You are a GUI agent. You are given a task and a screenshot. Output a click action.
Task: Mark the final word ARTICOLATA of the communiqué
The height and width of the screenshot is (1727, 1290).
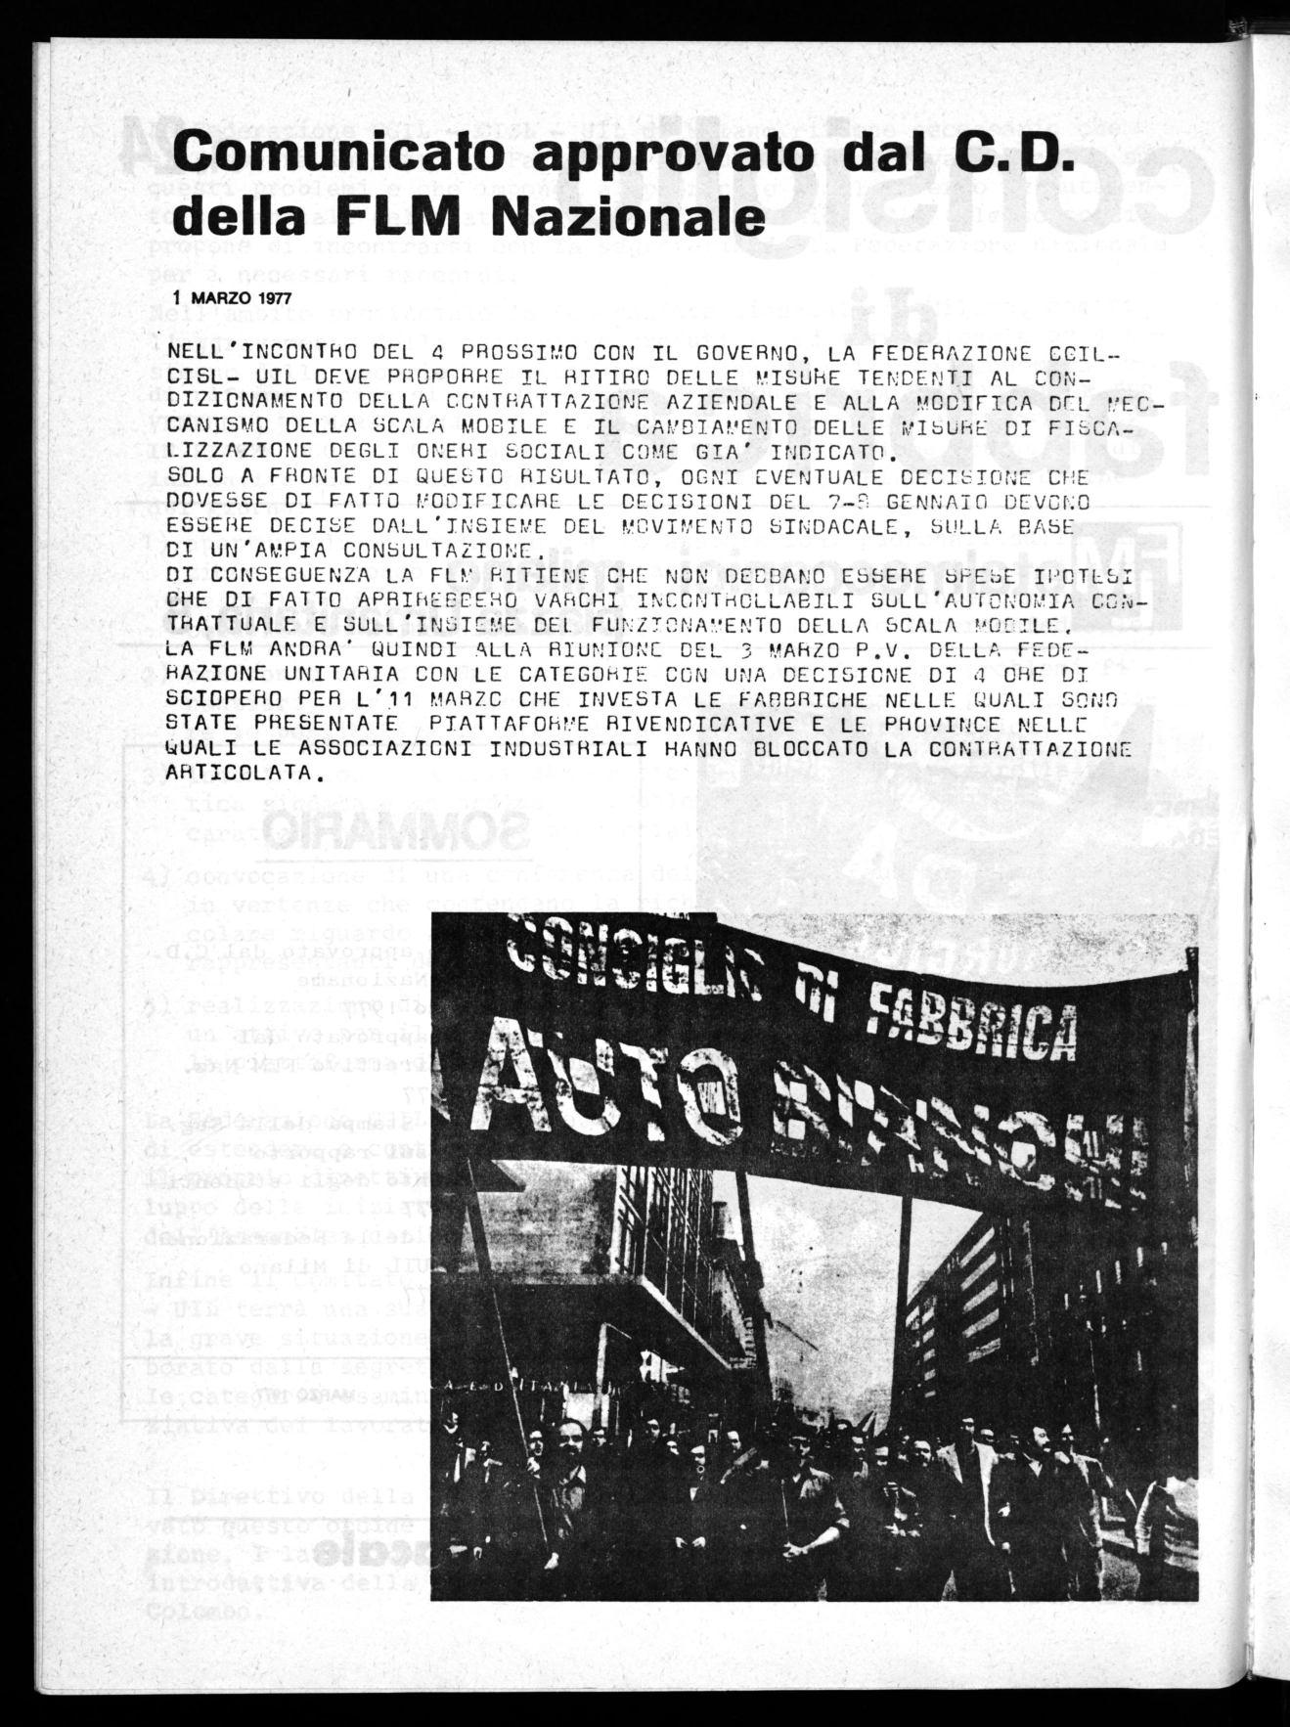click(240, 773)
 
